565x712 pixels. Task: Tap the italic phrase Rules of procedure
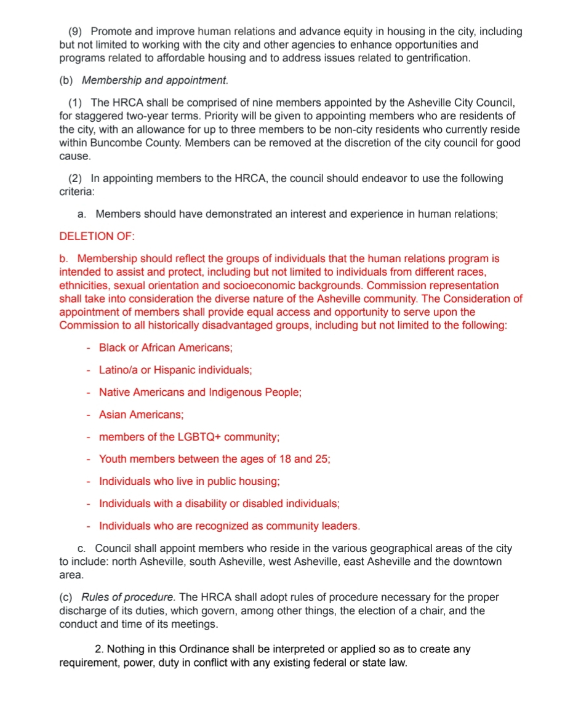click(127, 597)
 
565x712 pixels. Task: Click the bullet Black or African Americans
click(166, 348)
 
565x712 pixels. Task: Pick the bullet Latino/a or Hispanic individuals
click(175, 370)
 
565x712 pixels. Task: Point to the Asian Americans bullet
click(141, 415)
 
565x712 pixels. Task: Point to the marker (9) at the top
click(76, 31)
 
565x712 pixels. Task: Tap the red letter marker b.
click(63, 258)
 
